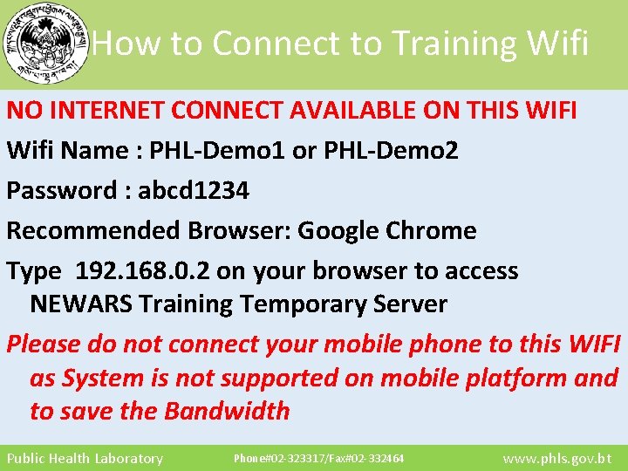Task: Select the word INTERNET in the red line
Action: (x=104, y=111)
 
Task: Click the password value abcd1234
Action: (x=193, y=191)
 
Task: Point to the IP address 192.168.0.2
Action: (x=143, y=271)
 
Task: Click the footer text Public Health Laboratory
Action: (x=85, y=459)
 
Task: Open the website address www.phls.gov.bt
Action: (x=557, y=459)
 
